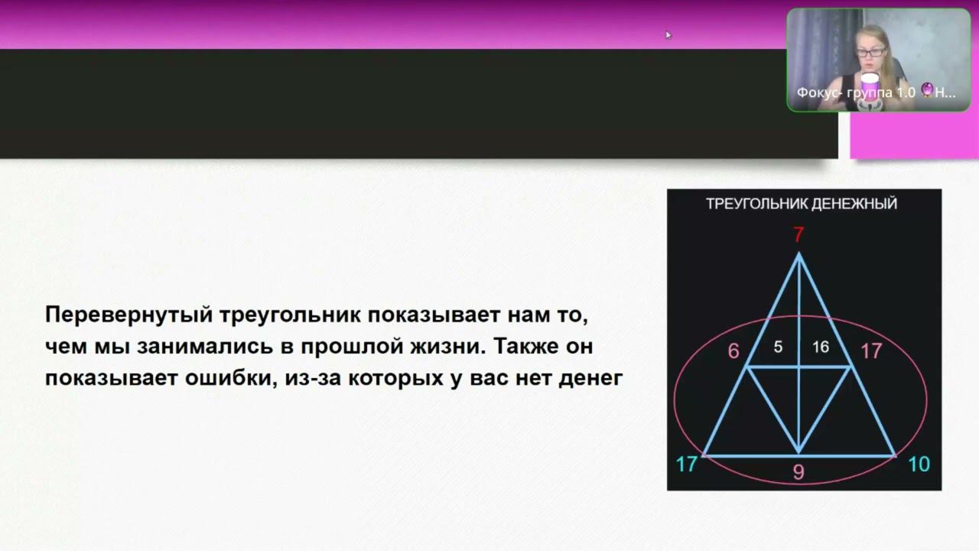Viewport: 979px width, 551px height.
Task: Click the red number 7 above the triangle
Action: click(x=798, y=235)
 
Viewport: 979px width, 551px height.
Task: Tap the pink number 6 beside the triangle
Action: click(x=733, y=351)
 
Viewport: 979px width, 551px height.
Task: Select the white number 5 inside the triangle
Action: click(x=778, y=347)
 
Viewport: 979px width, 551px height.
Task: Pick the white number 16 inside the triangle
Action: click(x=821, y=347)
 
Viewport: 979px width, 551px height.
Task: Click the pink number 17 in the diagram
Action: click(x=871, y=351)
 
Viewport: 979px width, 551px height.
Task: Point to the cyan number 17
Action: click(x=687, y=464)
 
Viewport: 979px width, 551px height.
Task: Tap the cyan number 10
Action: click(x=919, y=464)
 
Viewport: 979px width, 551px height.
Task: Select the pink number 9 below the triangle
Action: click(x=798, y=472)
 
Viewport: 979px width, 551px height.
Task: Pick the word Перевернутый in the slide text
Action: click(x=129, y=315)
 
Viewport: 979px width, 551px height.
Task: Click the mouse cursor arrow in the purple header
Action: click(x=668, y=35)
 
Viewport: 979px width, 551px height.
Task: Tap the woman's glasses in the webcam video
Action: click(x=871, y=53)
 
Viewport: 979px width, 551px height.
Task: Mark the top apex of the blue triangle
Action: click(x=798, y=253)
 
